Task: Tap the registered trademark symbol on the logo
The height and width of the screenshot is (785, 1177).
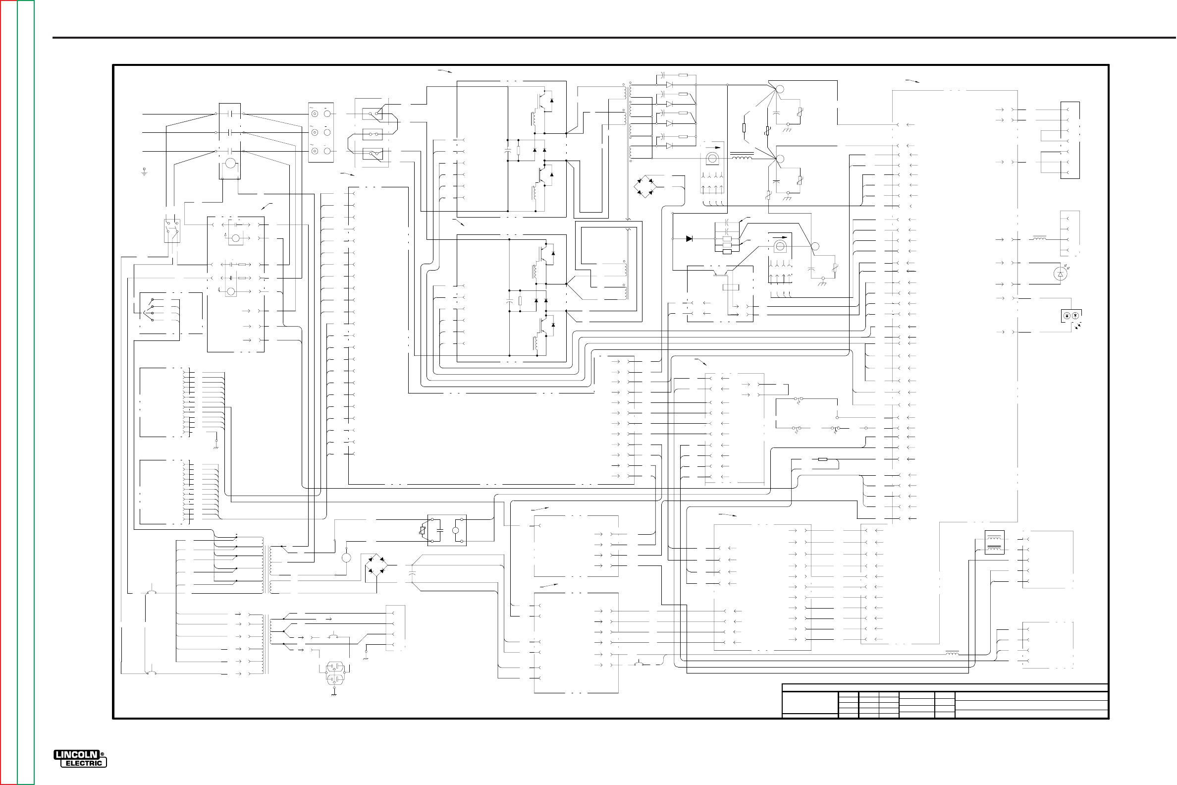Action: click(102, 755)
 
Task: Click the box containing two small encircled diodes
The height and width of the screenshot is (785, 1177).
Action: click(1070, 316)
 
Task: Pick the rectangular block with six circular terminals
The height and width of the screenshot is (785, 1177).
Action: click(321, 133)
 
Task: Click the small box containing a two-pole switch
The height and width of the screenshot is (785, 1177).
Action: click(172, 231)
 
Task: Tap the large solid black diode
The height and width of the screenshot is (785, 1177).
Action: click(689, 239)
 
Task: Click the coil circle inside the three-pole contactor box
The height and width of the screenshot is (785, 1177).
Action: click(230, 163)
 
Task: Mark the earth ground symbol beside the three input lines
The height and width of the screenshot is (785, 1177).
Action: click(145, 173)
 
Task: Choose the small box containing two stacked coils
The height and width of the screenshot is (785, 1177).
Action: click(994, 542)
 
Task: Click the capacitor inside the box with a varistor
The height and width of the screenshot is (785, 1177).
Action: click(439, 530)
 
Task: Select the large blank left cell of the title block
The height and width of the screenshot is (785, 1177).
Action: click(810, 704)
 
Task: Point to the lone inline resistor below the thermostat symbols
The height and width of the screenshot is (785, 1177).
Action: click(822, 459)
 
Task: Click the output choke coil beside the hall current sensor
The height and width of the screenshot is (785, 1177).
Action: click(742, 158)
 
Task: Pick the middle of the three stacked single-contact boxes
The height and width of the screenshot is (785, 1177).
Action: click(373, 134)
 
